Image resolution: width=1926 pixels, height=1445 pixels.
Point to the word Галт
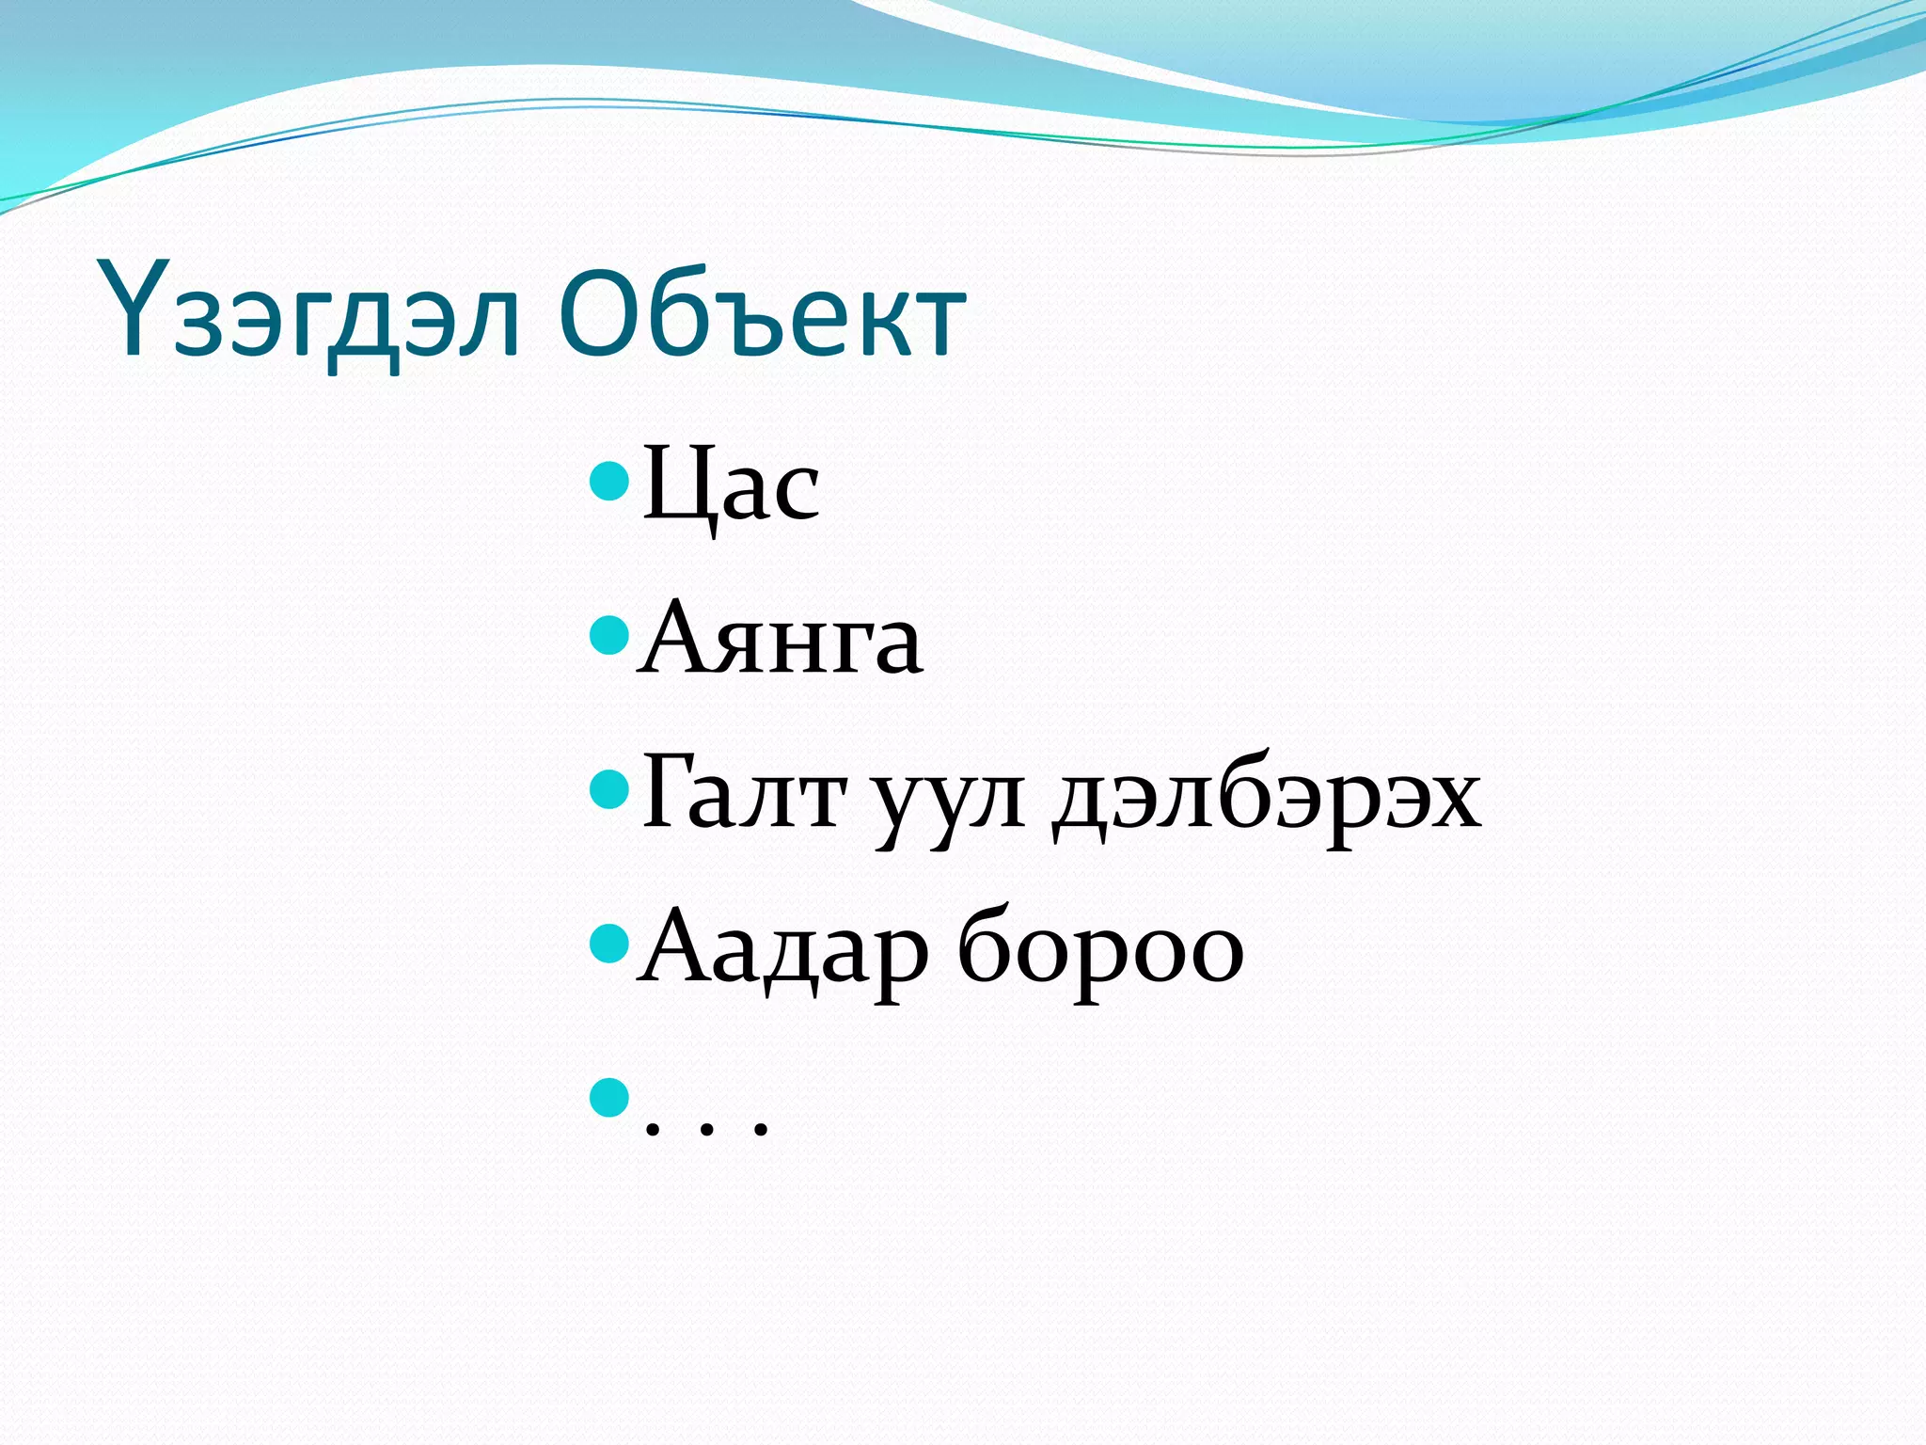tap(743, 795)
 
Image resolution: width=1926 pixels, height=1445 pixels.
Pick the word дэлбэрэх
tap(1266, 800)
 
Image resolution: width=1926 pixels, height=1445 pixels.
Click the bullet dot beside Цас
tap(608, 481)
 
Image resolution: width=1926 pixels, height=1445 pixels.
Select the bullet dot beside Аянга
tap(608, 635)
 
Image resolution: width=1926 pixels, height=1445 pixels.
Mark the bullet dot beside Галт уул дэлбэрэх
tap(608, 789)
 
